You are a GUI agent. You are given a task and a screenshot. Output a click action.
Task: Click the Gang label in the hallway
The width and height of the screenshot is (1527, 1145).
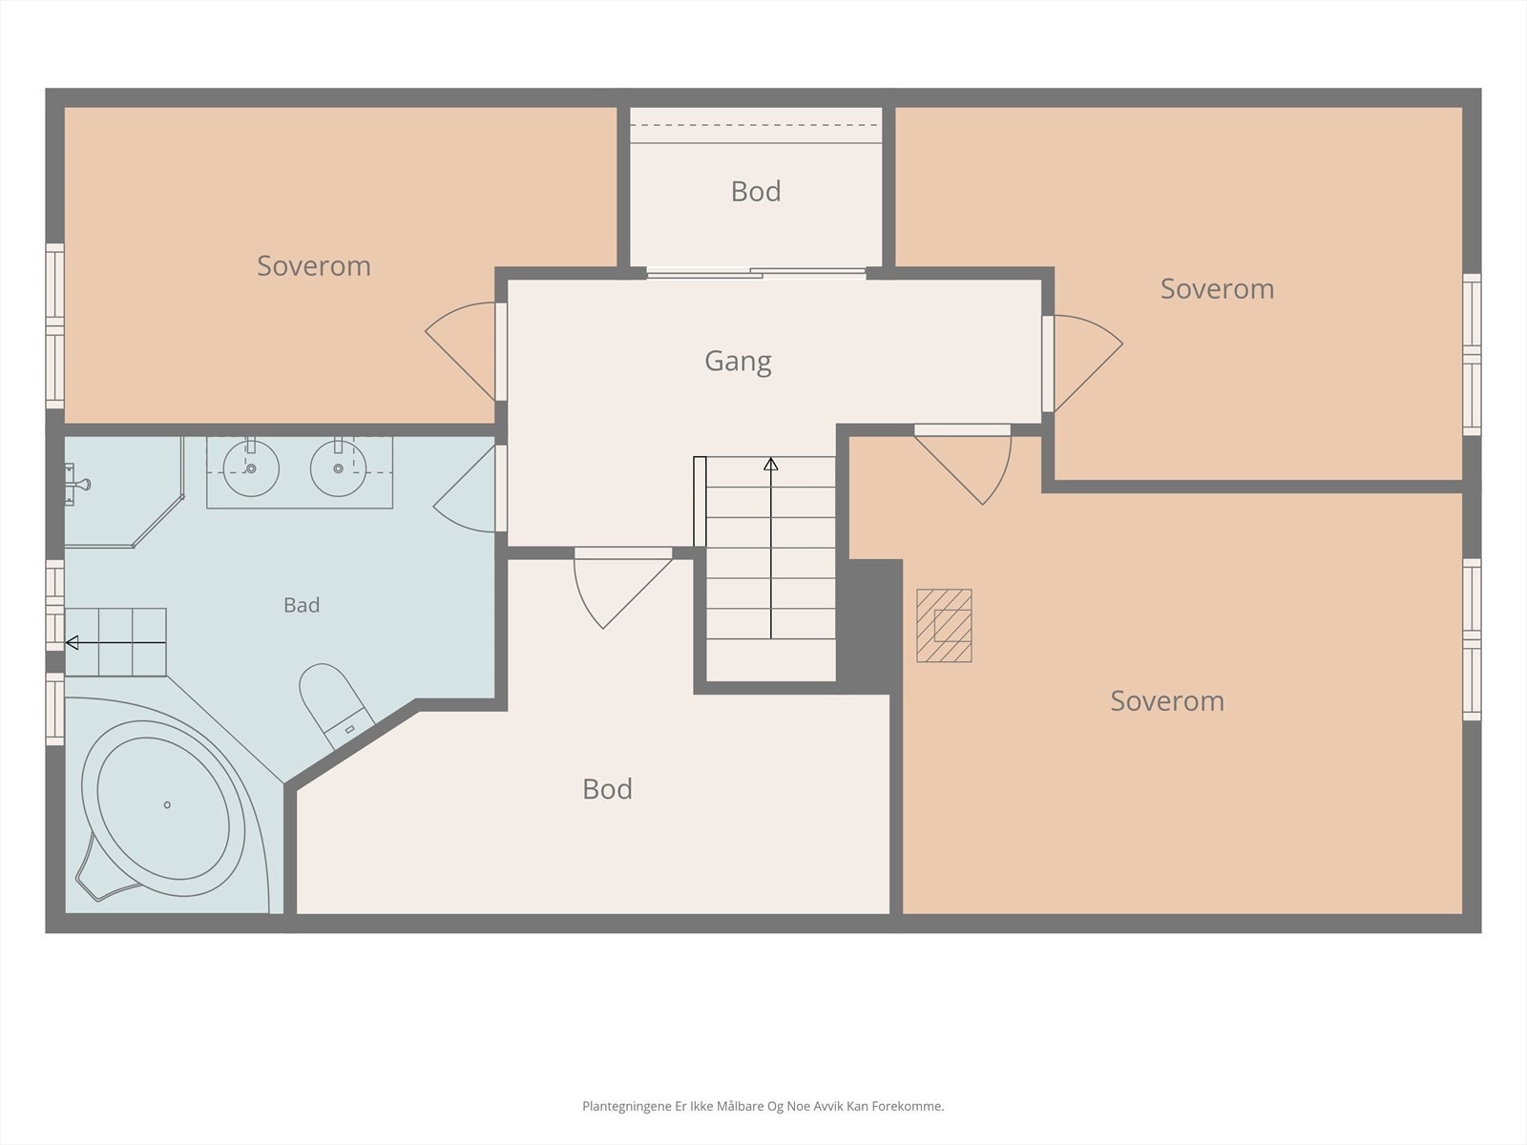[738, 362]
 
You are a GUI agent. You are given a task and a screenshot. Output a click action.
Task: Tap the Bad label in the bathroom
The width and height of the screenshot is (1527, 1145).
[302, 605]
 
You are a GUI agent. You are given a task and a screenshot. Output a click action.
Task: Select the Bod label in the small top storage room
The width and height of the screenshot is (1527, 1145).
[756, 191]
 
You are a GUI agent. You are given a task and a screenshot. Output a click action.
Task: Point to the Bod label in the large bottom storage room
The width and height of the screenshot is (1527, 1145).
[607, 789]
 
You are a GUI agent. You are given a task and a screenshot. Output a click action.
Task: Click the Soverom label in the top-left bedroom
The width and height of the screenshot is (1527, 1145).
[314, 265]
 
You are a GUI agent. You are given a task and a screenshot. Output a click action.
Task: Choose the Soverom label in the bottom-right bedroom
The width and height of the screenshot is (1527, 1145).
[1166, 700]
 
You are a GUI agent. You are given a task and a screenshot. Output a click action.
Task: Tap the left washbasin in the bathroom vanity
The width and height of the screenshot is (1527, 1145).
[251, 468]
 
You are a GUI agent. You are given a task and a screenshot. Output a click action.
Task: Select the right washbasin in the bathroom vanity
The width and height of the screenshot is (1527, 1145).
[338, 468]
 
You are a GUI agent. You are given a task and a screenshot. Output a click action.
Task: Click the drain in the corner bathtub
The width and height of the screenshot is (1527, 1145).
[167, 805]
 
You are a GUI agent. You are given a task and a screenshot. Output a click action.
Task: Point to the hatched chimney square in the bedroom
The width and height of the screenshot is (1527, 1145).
[944, 626]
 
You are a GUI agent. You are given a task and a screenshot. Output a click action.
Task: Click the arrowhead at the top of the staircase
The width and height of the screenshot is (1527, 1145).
[771, 464]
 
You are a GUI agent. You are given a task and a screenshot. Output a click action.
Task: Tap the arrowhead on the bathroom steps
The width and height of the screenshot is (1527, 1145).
[72, 643]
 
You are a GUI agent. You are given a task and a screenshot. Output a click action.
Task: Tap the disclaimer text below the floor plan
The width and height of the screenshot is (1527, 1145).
[763, 1106]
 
